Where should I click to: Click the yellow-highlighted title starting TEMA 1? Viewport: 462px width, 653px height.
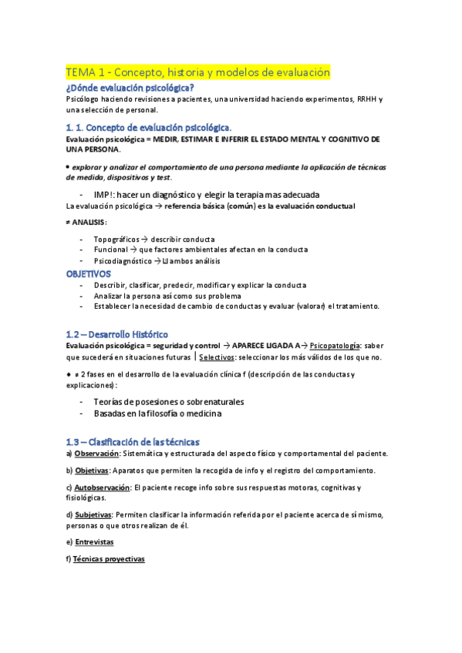[198, 72]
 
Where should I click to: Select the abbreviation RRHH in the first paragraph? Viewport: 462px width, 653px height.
[363, 99]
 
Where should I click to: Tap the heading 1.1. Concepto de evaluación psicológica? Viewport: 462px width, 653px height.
[149, 127]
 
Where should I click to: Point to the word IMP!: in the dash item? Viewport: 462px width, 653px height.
[105, 194]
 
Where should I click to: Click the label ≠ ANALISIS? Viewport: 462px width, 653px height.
[86, 223]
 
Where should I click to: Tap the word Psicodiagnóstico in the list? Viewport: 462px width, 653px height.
[124, 260]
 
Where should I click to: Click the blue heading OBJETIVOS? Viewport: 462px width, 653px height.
[88, 273]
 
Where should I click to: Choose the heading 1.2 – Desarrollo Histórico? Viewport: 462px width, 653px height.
[116, 334]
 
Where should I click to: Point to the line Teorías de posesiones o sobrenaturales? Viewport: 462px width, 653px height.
[168, 402]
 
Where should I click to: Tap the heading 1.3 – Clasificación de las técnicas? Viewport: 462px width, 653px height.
[133, 441]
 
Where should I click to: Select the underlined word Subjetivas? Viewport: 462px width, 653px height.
[93, 514]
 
